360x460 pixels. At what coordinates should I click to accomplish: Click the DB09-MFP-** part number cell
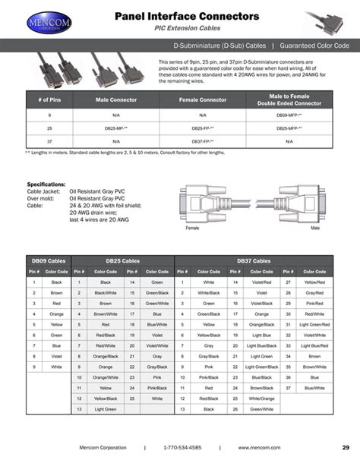point(289,115)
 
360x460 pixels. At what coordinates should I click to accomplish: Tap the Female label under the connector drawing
point(192,228)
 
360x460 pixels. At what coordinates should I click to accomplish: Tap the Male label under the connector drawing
point(314,228)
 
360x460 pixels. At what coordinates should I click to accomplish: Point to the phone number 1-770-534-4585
point(182,446)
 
